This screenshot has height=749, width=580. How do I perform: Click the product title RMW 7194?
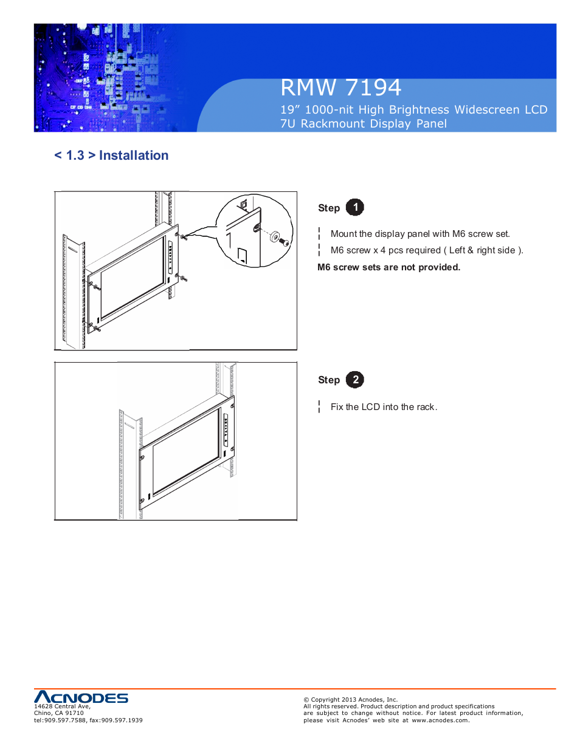[340, 88]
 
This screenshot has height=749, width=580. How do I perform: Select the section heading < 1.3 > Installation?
[111, 156]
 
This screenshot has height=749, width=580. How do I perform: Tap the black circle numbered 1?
[355, 207]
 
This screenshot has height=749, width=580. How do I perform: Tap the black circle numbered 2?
[355, 380]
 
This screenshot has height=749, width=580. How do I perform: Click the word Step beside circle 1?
[329, 208]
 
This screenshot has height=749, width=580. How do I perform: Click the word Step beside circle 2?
[329, 380]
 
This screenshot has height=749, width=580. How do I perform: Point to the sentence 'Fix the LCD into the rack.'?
[384, 407]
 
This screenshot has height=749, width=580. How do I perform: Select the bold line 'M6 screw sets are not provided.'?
[388, 267]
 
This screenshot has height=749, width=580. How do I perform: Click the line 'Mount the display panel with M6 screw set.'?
[420, 234]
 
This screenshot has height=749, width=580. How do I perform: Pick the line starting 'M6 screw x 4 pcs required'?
[426, 250]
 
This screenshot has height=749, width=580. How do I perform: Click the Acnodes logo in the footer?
[81, 697]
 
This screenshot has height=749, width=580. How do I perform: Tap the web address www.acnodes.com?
[440, 720]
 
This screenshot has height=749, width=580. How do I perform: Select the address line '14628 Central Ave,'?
[62, 706]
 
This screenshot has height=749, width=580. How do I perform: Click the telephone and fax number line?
[88, 720]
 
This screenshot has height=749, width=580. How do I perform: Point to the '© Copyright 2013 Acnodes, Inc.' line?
[350, 700]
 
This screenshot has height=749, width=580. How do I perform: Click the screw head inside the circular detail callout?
[283, 241]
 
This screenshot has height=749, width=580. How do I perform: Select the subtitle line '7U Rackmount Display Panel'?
[363, 124]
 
